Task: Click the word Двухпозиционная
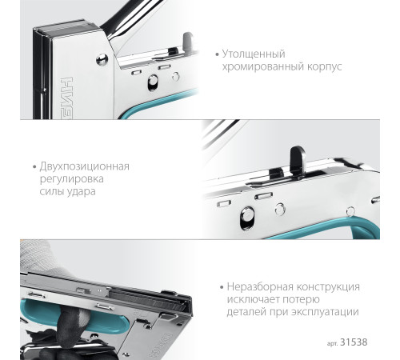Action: pos(85,166)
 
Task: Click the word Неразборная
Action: pos(259,286)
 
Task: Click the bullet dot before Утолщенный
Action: pos(217,54)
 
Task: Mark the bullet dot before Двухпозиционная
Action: pos(34,167)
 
